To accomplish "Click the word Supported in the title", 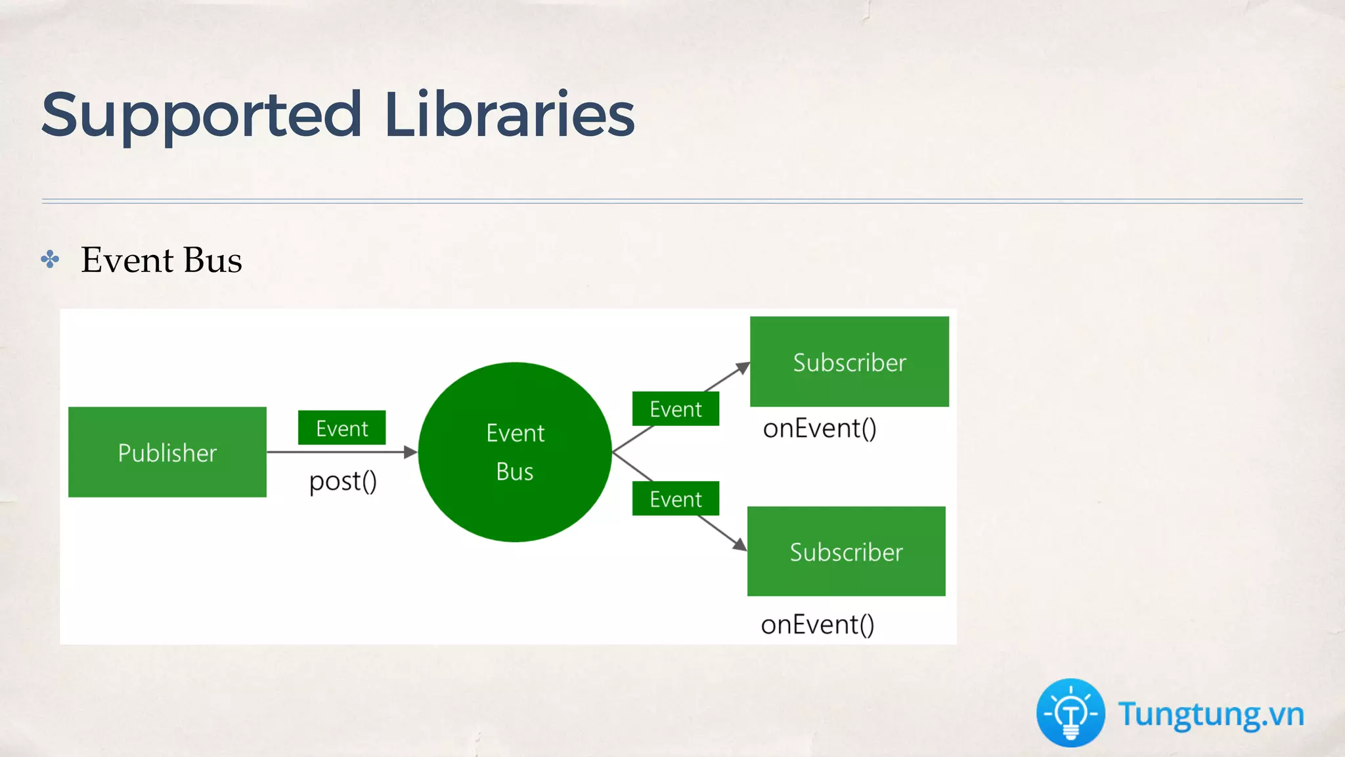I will [201, 116].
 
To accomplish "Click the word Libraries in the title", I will [509, 114].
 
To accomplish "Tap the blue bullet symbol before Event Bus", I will [50, 260].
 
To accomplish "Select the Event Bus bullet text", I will [162, 260].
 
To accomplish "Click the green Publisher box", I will [167, 452].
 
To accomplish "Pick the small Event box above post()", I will [342, 428].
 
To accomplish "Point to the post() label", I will [343, 482].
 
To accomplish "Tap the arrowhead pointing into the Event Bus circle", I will [411, 452].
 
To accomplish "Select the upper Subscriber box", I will [849, 361].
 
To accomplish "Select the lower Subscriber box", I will [846, 551].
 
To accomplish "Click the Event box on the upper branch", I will [675, 409].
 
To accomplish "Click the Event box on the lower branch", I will [675, 499].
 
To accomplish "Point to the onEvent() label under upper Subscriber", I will [819, 428].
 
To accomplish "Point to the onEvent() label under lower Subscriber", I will [817, 624].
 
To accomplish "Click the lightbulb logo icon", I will [1070, 713].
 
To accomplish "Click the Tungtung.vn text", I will [1210, 714].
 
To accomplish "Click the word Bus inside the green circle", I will [515, 472].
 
